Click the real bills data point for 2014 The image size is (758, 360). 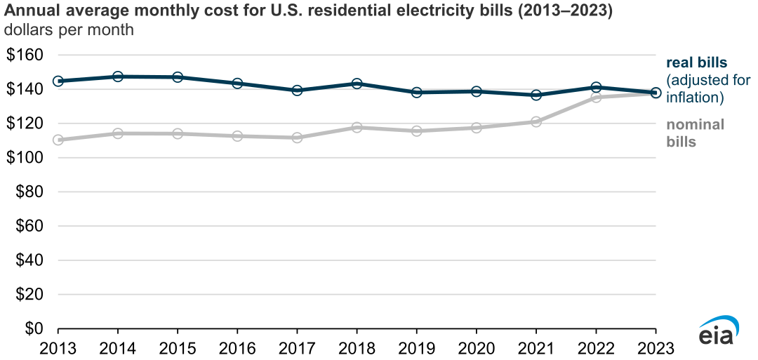[118, 76]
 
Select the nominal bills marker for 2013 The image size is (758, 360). [58, 140]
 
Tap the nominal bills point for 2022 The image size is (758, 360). [596, 98]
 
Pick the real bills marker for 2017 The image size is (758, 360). [297, 91]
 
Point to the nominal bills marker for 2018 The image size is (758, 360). [357, 128]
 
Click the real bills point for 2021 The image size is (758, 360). [536, 95]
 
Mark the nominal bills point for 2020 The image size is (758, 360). [477, 128]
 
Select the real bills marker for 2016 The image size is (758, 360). [237, 84]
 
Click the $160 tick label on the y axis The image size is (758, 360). [25, 55]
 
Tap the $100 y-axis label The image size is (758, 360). [25, 158]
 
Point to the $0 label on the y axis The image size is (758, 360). [32, 329]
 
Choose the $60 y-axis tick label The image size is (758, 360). [29, 227]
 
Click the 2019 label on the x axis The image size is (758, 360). [416, 347]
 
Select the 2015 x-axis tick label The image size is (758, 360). [178, 347]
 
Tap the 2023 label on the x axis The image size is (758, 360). [655, 347]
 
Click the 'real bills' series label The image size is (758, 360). [697, 63]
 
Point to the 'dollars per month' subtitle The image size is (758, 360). [69, 31]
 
